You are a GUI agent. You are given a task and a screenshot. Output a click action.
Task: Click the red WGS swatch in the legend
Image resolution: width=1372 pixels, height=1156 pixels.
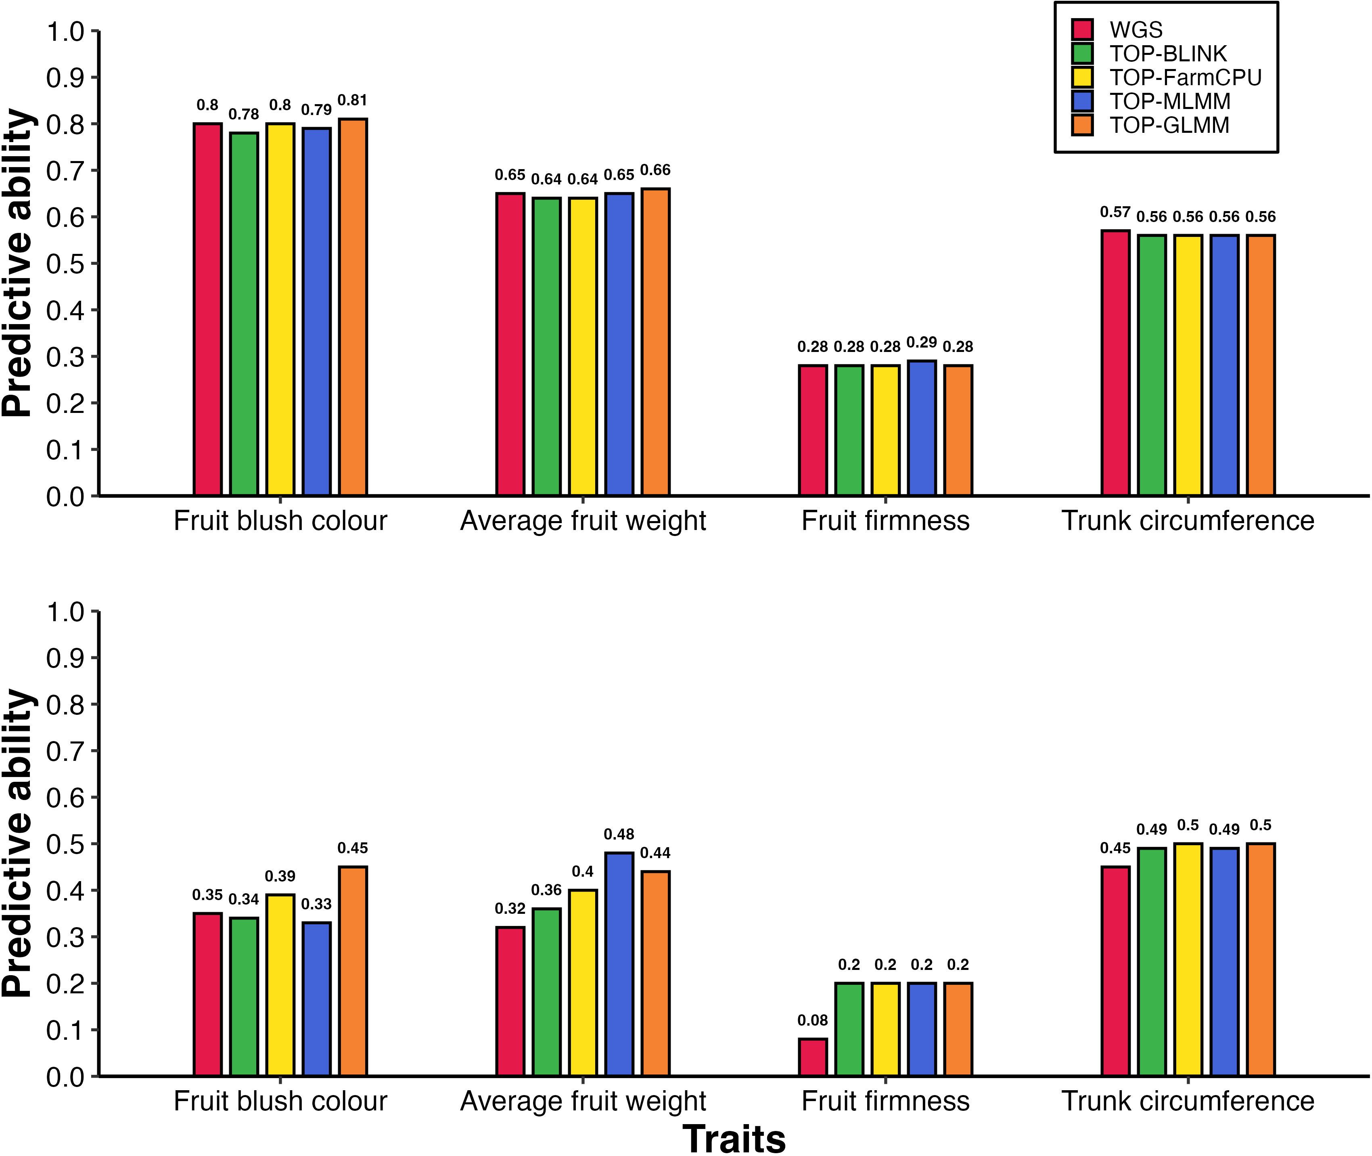pyautogui.click(x=1082, y=29)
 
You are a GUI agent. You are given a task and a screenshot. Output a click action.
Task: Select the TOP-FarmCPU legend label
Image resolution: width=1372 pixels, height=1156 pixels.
pyautogui.click(x=1185, y=77)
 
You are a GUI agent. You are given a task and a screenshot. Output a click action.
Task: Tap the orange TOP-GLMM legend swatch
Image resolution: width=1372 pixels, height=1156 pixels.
pyautogui.click(x=1082, y=125)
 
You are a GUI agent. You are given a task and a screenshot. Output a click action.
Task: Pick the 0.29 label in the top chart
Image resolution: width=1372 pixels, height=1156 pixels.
pyautogui.click(x=921, y=342)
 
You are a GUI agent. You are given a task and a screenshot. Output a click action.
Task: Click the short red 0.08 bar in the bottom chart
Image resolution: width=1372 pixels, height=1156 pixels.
pyautogui.click(x=812, y=1057)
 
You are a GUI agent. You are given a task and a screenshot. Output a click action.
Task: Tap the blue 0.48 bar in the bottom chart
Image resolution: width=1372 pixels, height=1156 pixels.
pyautogui.click(x=619, y=964)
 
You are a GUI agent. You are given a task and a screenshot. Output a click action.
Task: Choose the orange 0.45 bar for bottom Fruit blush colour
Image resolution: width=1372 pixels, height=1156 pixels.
pyautogui.click(x=353, y=971)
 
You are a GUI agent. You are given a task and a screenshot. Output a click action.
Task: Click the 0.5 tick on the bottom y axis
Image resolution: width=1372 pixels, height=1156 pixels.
pyautogui.click(x=65, y=844)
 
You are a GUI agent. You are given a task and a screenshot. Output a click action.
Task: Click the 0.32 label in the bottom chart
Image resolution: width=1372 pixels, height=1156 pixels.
pyautogui.click(x=510, y=908)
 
